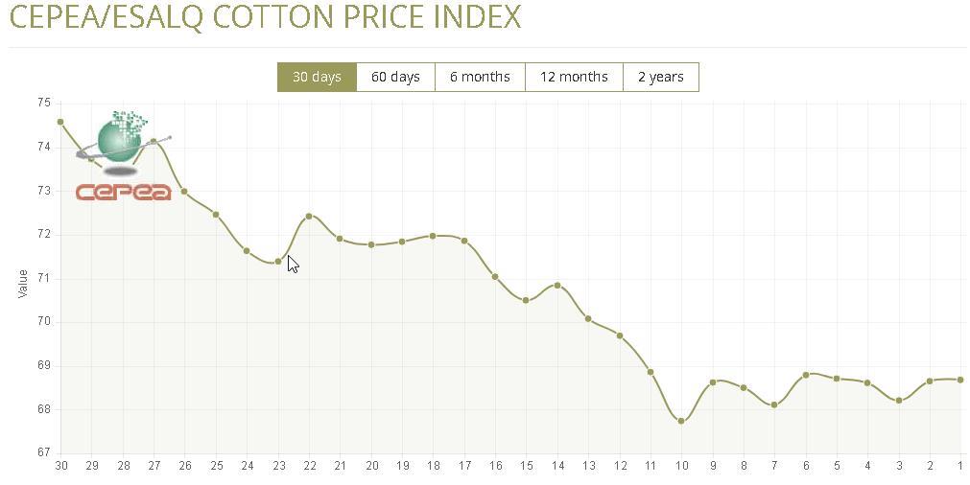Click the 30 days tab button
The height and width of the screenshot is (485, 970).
pyautogui.click(x=317, y=77)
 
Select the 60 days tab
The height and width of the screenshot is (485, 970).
pyautogui.click(x=395, y=77)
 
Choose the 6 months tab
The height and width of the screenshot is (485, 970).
pyautogui.click(x=480, y=77)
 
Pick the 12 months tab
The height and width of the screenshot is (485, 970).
pyautogui.click(x=574, y=77)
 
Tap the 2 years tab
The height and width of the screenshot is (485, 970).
pyautogui.click(x=660, y=77)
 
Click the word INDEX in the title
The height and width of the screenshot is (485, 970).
pyautogui.click(x=474, y=16)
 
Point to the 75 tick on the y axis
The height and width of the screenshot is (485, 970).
pyautogui.click(x=43, y=103)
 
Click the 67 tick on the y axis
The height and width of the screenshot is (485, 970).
pyautogui.click(x=43, y=452)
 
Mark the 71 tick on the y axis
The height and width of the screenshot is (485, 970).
pyautogui.click(x=43, y=278)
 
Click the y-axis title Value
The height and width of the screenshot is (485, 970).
pyautogui.click(x=22, y=283)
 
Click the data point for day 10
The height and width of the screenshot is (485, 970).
pyautogui.click(x=681, y=421)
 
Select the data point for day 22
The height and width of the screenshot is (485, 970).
pyautogui.click(x=309, y=216)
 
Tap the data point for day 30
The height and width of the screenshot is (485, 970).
pyautogui.click(x=60, y=122)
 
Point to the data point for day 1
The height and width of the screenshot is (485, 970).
pyautogui.click(x=960, y=380)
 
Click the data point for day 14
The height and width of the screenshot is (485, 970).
pyautogui.click(x=557, y=286)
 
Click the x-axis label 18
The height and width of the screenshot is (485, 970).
pyautogui.click(x=434, y=466)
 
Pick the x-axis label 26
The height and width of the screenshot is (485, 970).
pyautogui.click(x=184, y=466)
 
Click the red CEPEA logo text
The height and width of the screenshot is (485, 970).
pyautogui.click(x=123, y=193)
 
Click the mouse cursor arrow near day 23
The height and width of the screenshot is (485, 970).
pyautogui.click(x=292, y=264)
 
